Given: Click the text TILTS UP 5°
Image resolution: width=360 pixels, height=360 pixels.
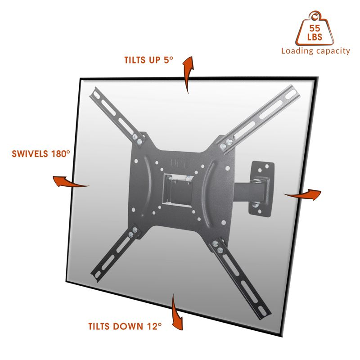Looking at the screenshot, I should [148, 60].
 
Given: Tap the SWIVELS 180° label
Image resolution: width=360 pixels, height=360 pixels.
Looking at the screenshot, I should [41, 154].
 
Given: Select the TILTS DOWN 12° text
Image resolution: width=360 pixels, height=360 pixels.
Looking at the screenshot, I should [125, 326].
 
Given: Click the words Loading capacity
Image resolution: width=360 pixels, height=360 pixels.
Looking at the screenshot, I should [315, 51].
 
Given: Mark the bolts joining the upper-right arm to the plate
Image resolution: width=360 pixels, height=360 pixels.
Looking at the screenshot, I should [225, 144].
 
